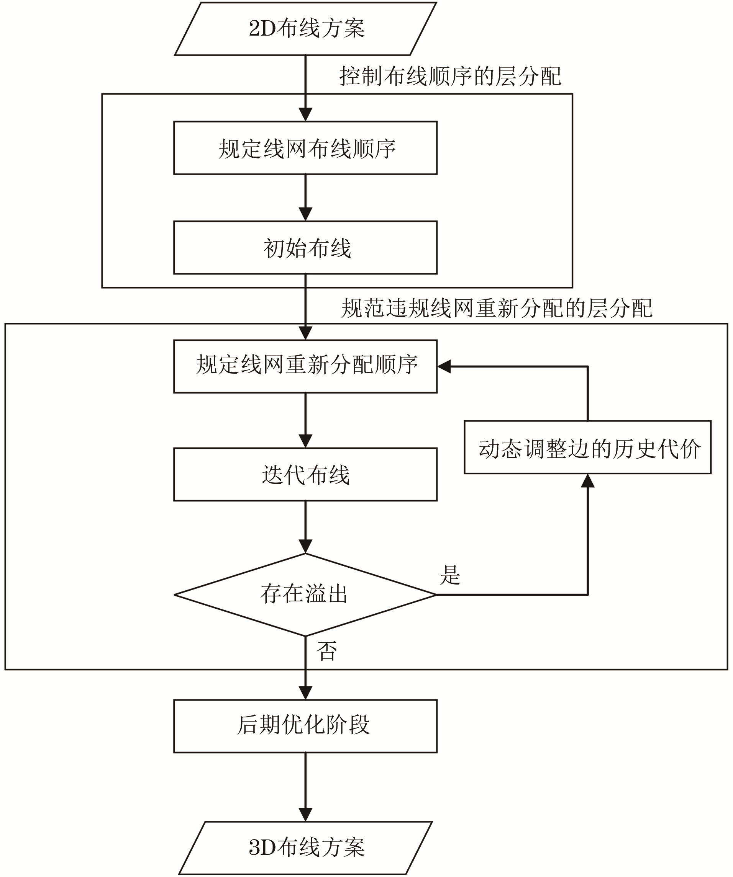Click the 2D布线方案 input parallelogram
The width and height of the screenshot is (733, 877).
pos(305,28)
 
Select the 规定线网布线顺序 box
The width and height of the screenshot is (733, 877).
pos(305,148)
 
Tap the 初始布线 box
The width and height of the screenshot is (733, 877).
pos(305,248)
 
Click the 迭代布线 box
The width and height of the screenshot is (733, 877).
pos(305,474)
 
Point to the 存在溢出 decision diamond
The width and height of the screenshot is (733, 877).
pos(305,595)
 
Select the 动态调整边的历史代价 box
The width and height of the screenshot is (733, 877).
pos(587,447)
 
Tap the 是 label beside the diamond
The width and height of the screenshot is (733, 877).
pos(450,575)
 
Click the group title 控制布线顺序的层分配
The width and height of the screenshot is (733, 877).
pos(450,77)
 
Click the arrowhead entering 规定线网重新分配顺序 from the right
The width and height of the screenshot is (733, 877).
pos(444,367)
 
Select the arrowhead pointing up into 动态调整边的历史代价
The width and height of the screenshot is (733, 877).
pos(587,481)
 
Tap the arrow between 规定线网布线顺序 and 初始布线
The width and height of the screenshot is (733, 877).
pos(305,198)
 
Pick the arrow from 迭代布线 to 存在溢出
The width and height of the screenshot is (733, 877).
pos(305,527)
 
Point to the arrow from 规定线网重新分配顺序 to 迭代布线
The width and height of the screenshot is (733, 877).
pos(305,420)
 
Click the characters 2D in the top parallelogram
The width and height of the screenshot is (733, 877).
pos(261,29)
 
